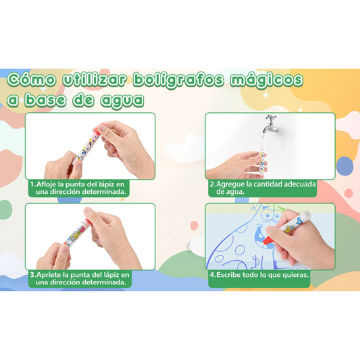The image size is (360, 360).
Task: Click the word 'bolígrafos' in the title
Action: pos(178,80)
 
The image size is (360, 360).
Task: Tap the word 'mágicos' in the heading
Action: pos(267,80)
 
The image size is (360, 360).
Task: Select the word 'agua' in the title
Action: pos(122,100)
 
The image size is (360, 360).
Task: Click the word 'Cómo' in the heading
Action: pos(32,80)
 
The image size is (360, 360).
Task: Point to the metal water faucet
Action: pos(272,124)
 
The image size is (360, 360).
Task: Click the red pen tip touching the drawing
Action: pos(267,241)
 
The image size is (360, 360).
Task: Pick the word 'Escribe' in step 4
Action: pos(228,275)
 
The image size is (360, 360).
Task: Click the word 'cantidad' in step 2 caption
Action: pos(268,184)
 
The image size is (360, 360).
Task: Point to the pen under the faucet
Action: pos(263,159)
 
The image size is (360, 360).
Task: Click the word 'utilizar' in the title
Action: pos(95,80)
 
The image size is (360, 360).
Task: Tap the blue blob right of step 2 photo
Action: pos(345,166)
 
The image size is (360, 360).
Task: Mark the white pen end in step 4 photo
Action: pos(307,215)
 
